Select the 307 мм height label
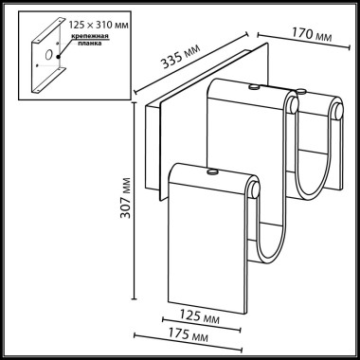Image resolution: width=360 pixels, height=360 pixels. point(117,196)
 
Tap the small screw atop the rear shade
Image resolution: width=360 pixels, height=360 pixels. point(254,87)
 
